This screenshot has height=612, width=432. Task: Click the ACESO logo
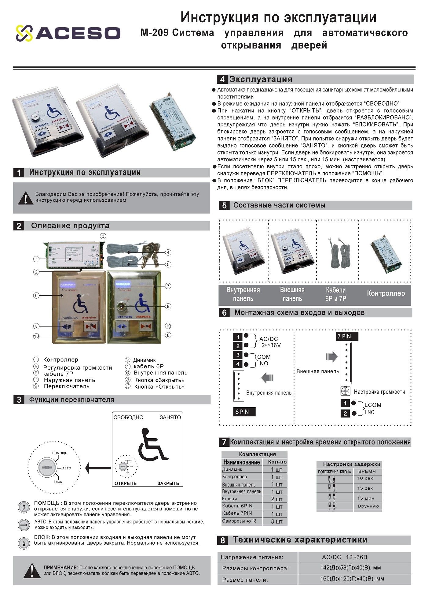coord(68,33)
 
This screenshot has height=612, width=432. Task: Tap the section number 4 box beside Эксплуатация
coord(222,80)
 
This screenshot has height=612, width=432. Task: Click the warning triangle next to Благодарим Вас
coord(26,198)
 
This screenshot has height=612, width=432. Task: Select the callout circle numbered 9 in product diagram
coord(168,306)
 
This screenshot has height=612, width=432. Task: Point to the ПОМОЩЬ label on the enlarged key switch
coord(60,453)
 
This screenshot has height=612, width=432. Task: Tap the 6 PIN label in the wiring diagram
coord(244,412)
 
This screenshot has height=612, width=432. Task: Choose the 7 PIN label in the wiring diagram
coord(347,336)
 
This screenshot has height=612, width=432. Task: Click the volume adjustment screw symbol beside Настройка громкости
coord(345,391)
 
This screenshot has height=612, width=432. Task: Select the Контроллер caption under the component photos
coord(386,293)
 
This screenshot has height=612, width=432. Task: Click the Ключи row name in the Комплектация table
coord(229,499)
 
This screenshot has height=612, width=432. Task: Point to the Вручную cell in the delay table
coord(368,506)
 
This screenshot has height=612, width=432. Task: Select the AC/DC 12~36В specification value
coord(342,557)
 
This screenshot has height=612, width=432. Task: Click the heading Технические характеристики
coord(300,540)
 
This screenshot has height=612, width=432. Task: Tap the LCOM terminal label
coord(373,405)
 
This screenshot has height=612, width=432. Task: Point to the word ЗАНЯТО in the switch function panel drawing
coord(170,417)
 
